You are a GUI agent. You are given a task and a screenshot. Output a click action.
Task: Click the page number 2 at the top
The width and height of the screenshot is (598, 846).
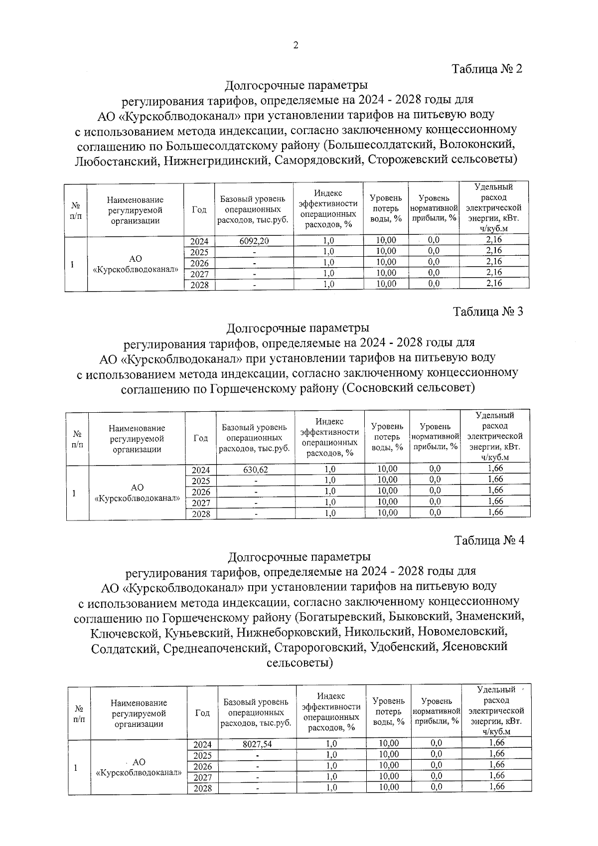click(x=296, y=45)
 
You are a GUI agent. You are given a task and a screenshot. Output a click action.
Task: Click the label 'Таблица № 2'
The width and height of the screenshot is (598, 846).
click(x=486, y=69)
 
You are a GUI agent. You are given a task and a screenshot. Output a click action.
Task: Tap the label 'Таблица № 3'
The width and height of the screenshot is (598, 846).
click(x=488, y=312)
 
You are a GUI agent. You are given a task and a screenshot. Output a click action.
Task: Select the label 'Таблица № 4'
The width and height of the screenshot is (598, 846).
click(x=489, y=540)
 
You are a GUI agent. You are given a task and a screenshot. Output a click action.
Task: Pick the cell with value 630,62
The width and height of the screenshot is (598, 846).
click(x=256, y=470)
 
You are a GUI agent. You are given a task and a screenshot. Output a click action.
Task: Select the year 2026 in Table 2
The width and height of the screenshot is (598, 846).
click(x=199, y=263)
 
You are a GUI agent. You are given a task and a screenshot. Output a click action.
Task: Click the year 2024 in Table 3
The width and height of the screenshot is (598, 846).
click(x=201, y=470)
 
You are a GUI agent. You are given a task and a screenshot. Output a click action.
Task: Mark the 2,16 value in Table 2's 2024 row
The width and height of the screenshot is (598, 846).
click(x=494, y=240)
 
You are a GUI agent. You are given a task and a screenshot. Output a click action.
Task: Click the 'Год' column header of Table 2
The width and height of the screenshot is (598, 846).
click(x=199, y=210)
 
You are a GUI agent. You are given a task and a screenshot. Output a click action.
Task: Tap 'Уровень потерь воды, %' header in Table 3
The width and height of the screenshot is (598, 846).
click(x=387, y=437)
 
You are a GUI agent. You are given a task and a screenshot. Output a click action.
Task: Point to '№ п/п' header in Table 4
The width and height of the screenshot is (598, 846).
click(x=79, y=713)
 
